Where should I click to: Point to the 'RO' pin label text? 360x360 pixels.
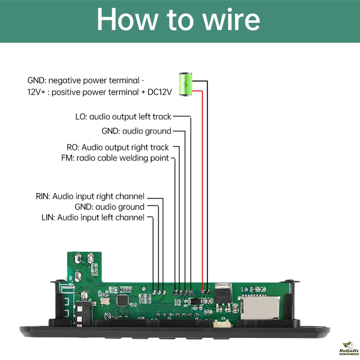(x=72, y=147)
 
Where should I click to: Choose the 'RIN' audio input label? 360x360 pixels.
(x=43, y=196)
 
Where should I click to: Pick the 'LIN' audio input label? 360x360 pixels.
(x=49, y=217)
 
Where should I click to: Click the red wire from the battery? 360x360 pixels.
(x=202, y=180)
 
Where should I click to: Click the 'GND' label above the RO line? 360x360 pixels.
(x=111, y=131)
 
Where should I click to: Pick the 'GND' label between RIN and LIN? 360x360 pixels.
(x=84, y=207)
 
